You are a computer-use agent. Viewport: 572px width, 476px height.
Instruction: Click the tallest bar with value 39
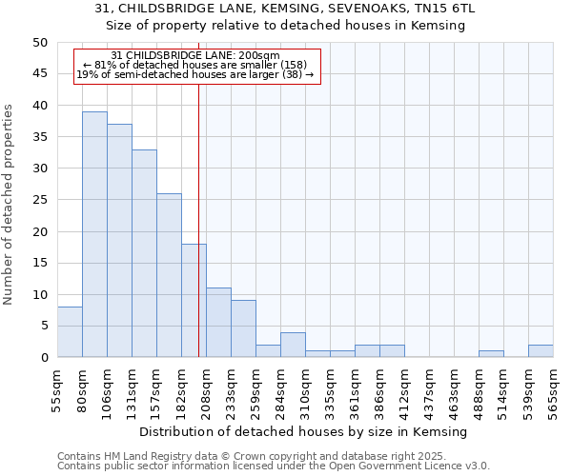tap(94, 234)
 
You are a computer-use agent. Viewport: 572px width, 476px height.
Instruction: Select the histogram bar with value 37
tap(119, 241)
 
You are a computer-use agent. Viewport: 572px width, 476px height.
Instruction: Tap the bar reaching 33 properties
tap(144, 253)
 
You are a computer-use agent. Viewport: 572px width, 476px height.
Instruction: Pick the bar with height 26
tap(169, 275)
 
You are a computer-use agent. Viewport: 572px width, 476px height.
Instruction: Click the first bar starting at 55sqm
tap(70, 332)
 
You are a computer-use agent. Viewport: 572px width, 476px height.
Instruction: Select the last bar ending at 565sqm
tap(541, 351)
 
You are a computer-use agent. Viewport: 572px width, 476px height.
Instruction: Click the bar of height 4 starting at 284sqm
tap(293, 345)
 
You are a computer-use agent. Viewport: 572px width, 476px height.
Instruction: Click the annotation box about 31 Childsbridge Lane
tap(195, 66)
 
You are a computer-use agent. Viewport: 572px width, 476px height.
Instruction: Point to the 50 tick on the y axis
tap(39, 42)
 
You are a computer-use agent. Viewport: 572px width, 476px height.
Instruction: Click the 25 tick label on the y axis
tap(39, 200)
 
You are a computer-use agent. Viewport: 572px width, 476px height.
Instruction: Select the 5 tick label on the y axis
tap(43, 326)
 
